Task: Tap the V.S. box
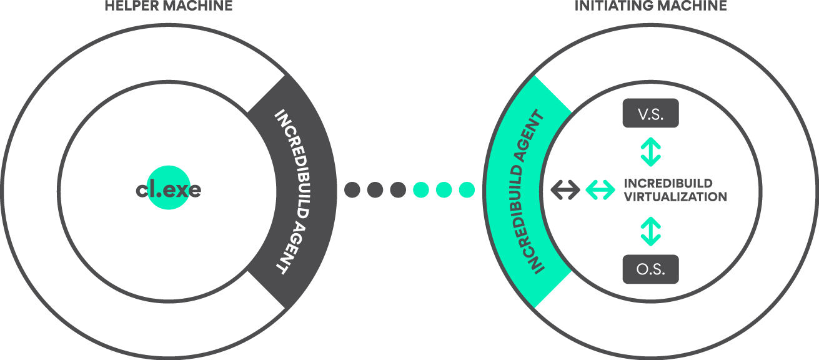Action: tap(650, 114)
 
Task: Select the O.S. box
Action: tap(650, 269)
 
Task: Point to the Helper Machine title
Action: tap(169, 6)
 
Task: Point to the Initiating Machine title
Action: tap(650, 6)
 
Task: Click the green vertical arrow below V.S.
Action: tap(650, 152)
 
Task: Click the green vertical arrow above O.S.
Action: tap(650, 231)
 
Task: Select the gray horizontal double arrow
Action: tap(565, 190)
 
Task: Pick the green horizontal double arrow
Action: tap(600, 190)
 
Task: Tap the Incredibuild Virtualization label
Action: tap(675, 190)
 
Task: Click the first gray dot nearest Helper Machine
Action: tap(352, 189)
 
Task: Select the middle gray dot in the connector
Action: tap(375, 189)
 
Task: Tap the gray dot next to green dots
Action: tap(398, 189)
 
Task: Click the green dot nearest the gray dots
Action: tap(421, 189)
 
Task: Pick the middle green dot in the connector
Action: tap(444, 189)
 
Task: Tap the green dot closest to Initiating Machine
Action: tap(467, 189)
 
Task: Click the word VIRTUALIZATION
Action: tap(675, 197)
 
